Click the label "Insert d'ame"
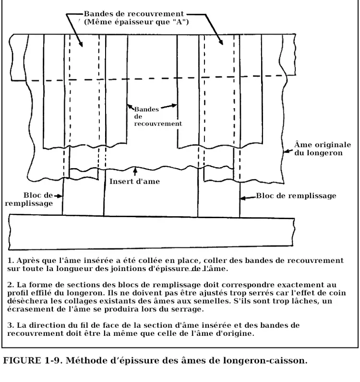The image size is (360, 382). (134, 182)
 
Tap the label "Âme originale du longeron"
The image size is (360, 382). (319, 149)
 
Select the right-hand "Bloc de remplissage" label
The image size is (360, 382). (296, 196)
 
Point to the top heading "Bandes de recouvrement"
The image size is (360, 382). (133, 13)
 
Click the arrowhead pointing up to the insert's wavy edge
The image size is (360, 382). (136, 170)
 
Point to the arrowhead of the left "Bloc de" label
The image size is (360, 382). (60, 196)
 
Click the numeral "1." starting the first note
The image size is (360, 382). (11, 260)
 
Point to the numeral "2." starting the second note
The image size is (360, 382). (11, 284)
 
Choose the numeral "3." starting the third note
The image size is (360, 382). (11, 325)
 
